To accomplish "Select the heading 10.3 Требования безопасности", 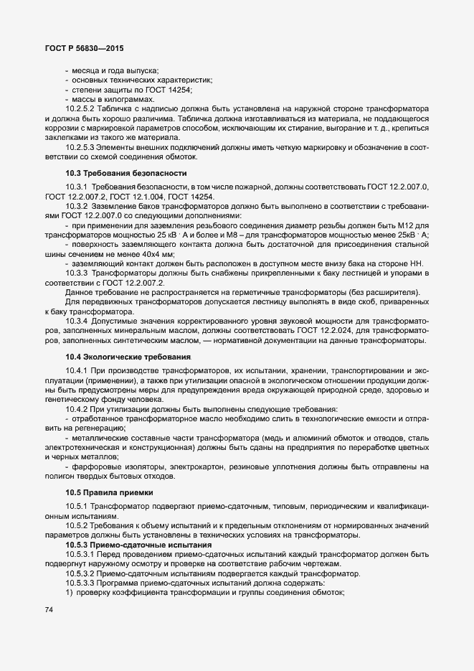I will click(116, 173).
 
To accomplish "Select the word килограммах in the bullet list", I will click(127, 98).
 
